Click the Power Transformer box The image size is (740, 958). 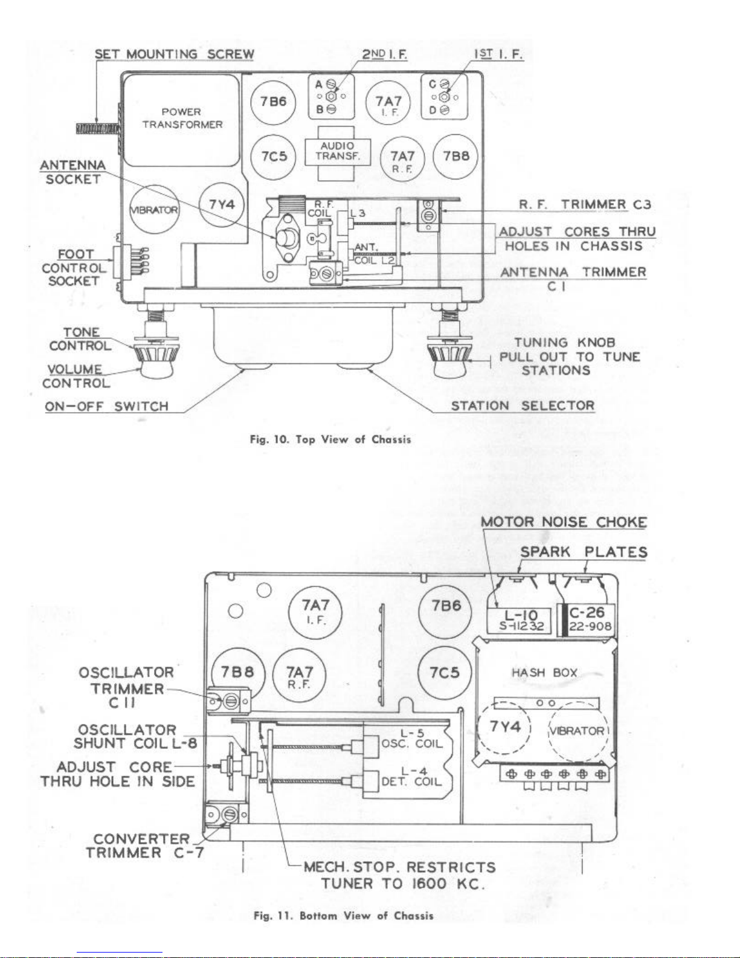(x=182, y=120)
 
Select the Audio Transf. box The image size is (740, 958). (x=338, y=152)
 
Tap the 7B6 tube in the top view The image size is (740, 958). (x=272, y=102)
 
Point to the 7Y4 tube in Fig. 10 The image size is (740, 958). (x=222, y=204)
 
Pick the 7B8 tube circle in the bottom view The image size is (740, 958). (x=238, y=672)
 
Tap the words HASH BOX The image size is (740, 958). (x=544, y=673)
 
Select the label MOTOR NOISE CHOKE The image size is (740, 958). (x=564, y=522)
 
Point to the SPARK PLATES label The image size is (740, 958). (x=584, y=552)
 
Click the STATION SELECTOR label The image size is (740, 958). (x=523, y=405)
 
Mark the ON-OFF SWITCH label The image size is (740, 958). (x=106, y=406)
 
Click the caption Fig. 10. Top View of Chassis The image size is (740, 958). (x=330, y=439)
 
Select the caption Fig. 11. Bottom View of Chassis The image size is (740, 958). (x=344, y=916)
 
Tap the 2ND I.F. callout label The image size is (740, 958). (x=385, y=54)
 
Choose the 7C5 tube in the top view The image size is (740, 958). (x=274, y=157)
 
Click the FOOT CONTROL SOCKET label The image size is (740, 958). (x=74, y=268)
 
